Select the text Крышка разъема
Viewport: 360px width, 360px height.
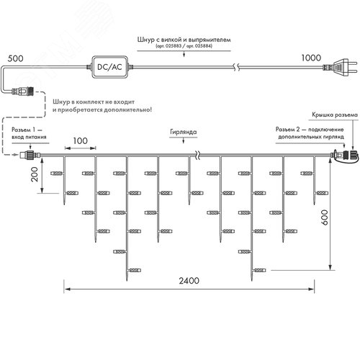click(332, 114)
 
